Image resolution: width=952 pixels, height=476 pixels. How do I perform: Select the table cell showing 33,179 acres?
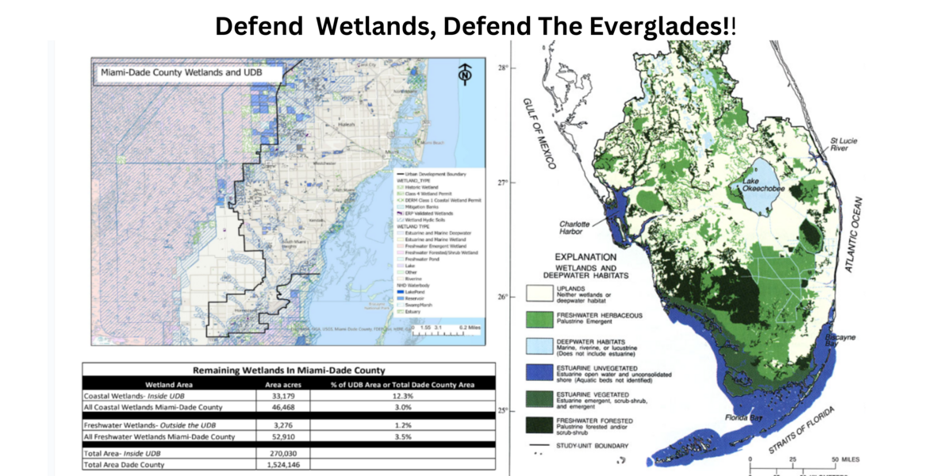pos(282,395)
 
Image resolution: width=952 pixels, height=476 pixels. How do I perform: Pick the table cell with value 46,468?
pos(282,407)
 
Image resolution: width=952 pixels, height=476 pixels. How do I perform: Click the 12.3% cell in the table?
pos(404,395)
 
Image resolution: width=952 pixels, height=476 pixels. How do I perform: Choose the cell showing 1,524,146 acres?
pos(282,464)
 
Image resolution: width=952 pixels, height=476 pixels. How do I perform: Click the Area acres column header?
pos(282,383)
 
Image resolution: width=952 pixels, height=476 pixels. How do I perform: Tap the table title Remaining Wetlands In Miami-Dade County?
pos(289,370)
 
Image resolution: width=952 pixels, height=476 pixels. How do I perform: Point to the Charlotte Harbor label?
pos(573,228)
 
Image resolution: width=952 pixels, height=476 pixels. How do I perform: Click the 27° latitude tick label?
pos(501,182)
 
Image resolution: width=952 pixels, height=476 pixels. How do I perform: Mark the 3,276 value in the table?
pos(282,424)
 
